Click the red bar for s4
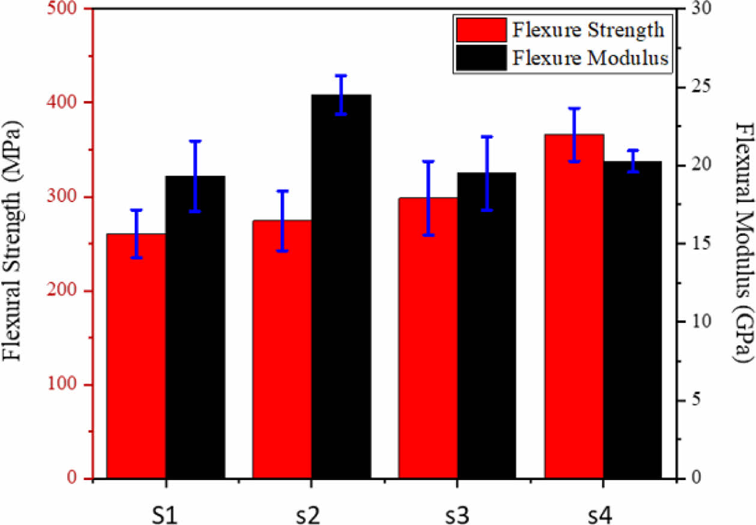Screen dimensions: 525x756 pyautogui.click(x=574, y=306)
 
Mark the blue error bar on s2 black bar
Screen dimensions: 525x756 pyautogui.click(x=341, y=95)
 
